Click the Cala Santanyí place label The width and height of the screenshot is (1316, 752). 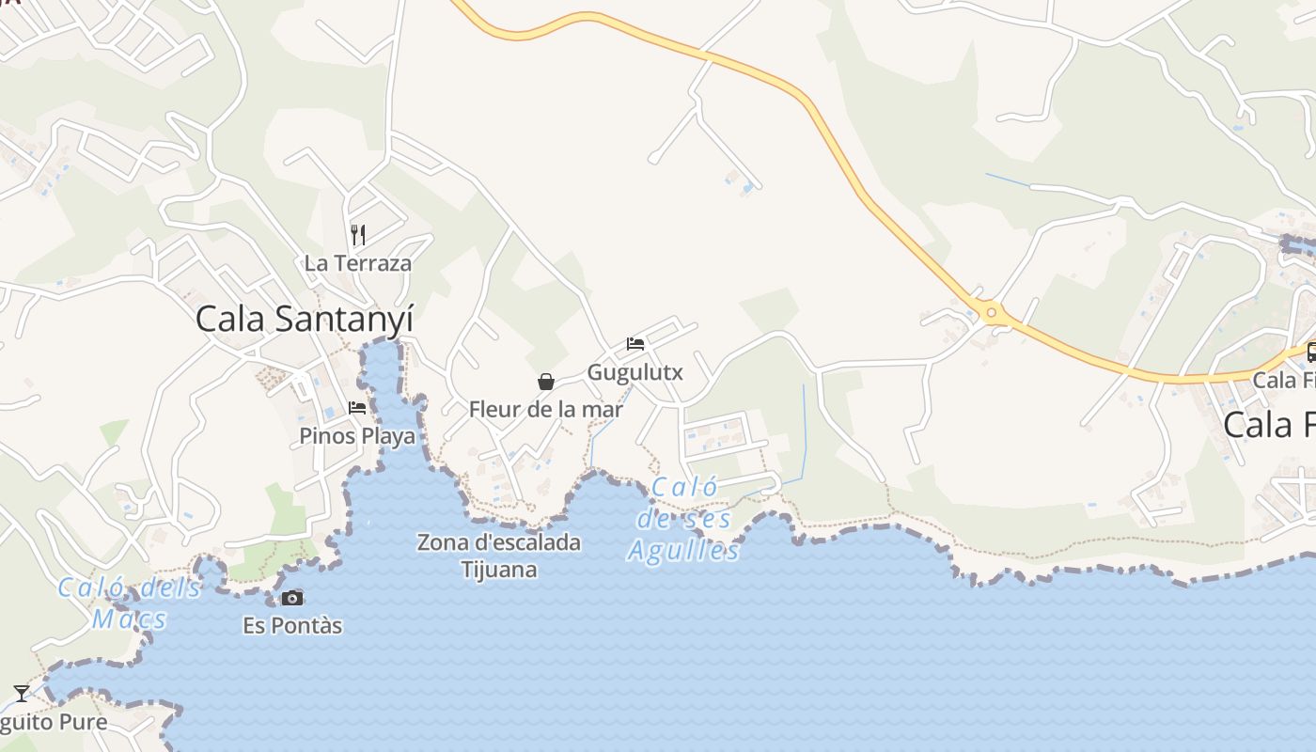(x=304, y=320)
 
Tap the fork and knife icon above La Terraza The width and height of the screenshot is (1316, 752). (x=357, y=234)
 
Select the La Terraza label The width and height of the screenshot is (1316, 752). (x=357, y=263)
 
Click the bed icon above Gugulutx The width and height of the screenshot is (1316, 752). (x=635, y=344)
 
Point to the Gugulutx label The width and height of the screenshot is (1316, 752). (x=634, y=372)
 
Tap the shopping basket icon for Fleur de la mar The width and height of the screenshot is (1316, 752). (x=545, y=382)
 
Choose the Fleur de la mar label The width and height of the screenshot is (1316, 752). (x=545, y=410)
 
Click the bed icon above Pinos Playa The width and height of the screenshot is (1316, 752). (x=357, y=408)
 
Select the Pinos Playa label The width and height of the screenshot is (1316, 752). (x=357, y=436)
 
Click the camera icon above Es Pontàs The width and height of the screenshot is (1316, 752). (x=292, y=598)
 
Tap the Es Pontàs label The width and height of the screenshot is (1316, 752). (x=292, y=625)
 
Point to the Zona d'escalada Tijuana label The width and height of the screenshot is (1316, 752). (x=499, y=556)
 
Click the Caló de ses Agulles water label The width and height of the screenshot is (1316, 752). (x=684, y=519)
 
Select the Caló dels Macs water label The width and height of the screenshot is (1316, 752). (x=130, y=603)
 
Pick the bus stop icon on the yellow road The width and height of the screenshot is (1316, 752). (x=1311, y=352)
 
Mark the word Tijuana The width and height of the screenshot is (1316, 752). (x=499, y=570)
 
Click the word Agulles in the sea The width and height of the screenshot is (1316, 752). (x=684, y=551)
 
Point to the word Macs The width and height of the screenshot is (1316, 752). (x=130, y=619)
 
